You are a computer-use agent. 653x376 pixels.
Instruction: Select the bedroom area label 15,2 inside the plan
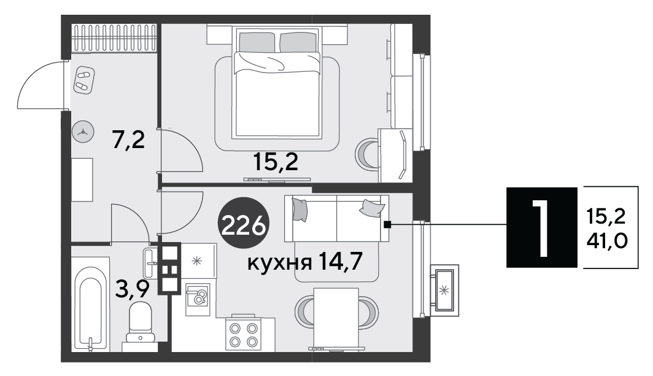[276, 162]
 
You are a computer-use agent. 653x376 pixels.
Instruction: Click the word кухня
[279, 263]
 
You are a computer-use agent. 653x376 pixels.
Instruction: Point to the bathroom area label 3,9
[132, 289]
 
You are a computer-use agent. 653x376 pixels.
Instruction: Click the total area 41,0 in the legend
[607, 241]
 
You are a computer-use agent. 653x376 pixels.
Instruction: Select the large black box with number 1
[542, 227]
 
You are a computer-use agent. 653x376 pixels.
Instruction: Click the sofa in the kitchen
[336, 219]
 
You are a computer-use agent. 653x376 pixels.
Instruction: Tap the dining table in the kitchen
[336, 316]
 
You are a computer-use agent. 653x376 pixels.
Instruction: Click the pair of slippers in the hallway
[84, 80]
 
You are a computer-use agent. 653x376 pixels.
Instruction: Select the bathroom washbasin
[150, 263]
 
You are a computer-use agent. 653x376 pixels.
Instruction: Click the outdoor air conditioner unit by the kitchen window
[444, 290]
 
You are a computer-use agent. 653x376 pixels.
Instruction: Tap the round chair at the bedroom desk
[366, 154]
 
